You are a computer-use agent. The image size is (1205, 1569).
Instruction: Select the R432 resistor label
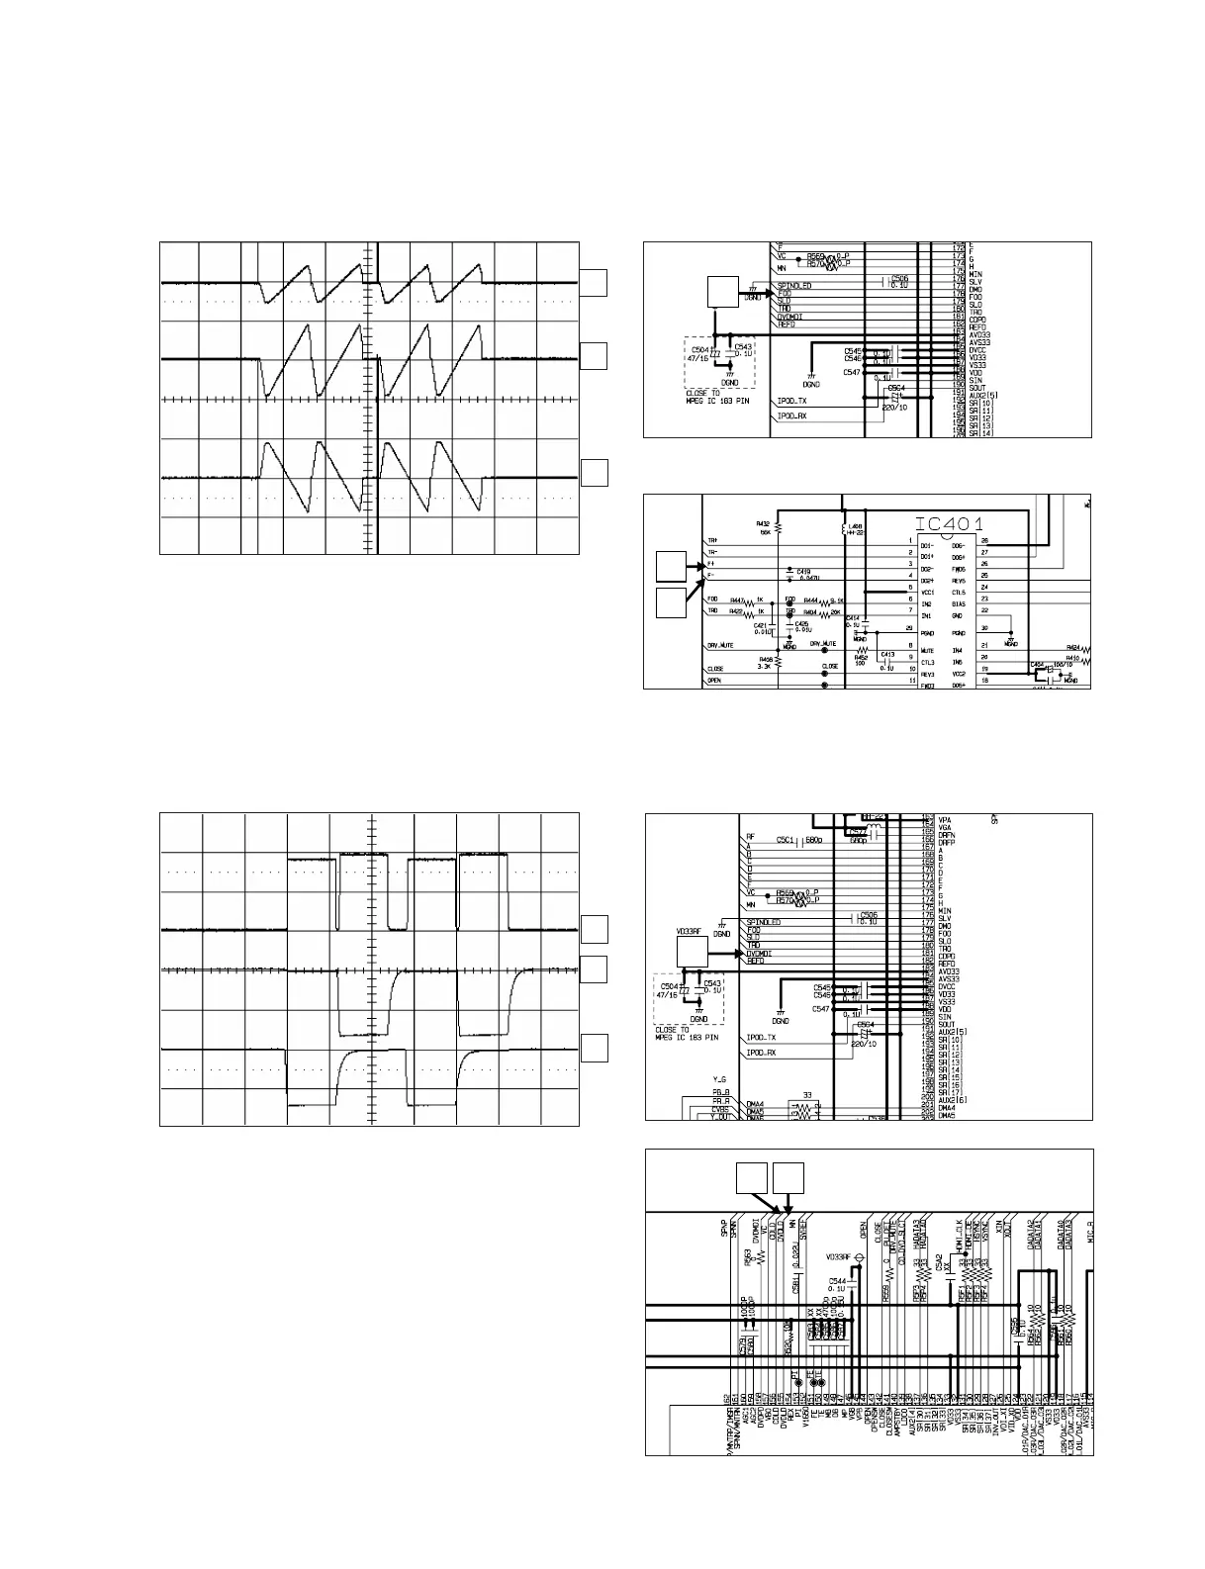763,522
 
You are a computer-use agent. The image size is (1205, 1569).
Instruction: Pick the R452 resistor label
861,656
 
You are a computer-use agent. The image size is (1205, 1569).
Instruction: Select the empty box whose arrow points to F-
672,601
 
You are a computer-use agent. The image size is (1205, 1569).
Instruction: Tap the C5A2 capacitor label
947,1262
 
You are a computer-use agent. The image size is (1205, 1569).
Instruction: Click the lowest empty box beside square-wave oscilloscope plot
594,1050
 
